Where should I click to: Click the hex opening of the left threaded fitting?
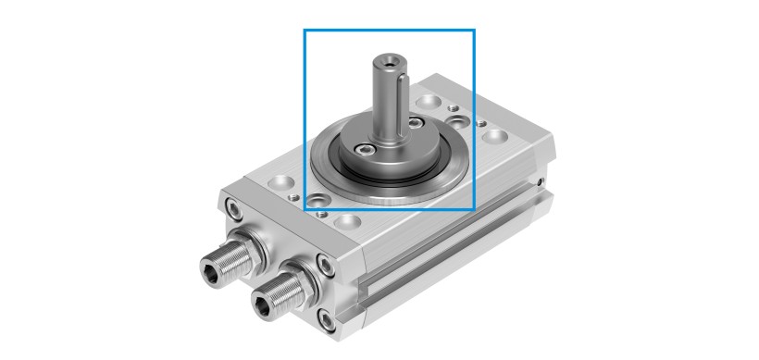point(213,269)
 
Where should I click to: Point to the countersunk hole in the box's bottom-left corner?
point(317,199)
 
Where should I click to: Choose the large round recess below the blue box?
point(350,221)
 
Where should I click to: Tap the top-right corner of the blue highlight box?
point(474,31)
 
